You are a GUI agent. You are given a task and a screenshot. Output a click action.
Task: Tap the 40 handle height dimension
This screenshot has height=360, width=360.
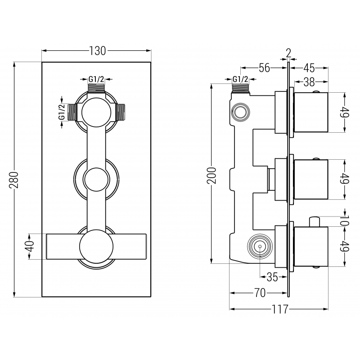click(29, 246)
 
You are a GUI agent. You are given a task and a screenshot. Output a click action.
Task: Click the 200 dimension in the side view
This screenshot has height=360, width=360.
click(212, 174)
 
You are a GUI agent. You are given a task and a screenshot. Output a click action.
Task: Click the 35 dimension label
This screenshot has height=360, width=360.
click(272, 277)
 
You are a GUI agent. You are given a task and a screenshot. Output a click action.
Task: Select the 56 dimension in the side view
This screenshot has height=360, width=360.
click(264, 68)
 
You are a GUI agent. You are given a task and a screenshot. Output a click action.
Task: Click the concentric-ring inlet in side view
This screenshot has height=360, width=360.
click(260, 247)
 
